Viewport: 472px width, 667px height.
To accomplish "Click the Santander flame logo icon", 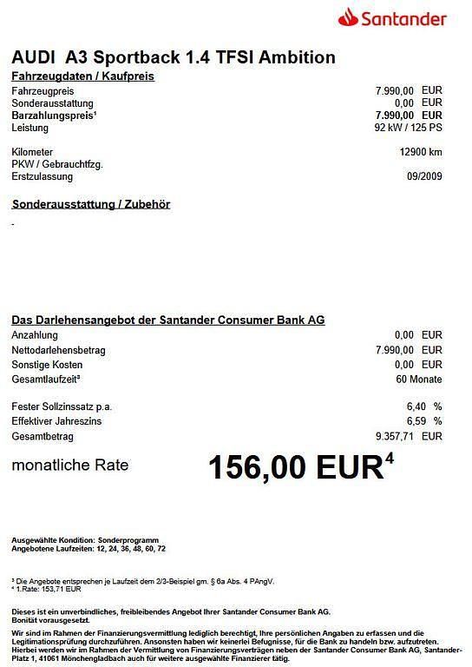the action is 350,17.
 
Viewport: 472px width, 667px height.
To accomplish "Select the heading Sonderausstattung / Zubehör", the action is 90,204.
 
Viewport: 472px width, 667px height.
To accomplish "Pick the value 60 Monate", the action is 418,380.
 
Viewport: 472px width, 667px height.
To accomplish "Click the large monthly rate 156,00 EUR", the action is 294,467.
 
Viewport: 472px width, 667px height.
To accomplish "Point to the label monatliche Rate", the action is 69,466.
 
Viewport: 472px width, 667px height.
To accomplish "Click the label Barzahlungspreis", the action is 53,116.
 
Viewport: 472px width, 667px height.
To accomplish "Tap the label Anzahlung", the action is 36,334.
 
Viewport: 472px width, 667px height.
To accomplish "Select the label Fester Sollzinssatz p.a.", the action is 62,406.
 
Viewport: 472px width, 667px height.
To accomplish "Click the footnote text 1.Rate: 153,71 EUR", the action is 48,588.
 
